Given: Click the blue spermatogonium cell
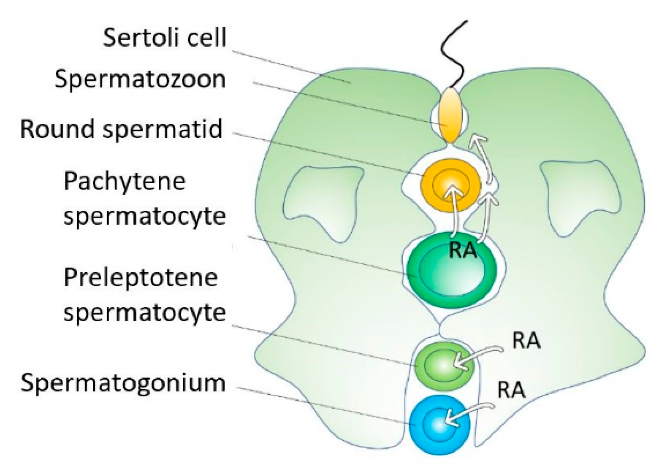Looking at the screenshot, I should coord(438,425).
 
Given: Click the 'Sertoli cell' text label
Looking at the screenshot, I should coord(164,37).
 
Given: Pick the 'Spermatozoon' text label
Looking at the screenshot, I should coord(140,79).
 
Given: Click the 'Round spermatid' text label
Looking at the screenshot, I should coord(121,129).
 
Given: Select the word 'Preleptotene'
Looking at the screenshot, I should coord(141,278).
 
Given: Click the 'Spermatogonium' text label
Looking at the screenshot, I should coord(123,383).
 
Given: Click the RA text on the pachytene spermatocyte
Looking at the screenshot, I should coord(463,251).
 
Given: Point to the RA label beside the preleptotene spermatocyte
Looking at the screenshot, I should coord(526,341).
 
